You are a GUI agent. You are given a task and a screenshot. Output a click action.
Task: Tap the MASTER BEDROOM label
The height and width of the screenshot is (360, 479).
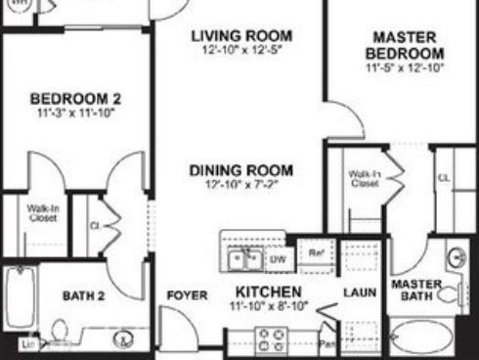(405, 45)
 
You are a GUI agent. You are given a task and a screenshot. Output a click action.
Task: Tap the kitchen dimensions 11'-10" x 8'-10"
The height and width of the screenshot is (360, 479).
(268, 306)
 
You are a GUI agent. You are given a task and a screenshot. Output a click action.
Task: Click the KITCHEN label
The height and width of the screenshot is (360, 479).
(268, 292)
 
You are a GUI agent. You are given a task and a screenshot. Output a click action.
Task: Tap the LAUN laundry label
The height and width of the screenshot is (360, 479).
(354, 292)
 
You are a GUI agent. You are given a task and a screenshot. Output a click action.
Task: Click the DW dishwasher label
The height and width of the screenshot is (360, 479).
(278, 259)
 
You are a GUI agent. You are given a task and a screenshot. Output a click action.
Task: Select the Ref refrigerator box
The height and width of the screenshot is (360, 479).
(316, 252)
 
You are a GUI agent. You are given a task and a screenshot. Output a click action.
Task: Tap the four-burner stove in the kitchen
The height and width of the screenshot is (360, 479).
(270, 340)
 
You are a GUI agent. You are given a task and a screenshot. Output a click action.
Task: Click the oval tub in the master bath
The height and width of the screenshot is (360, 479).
(422, 338)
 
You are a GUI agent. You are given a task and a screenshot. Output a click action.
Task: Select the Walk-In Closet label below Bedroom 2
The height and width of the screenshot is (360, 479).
(42, 212)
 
